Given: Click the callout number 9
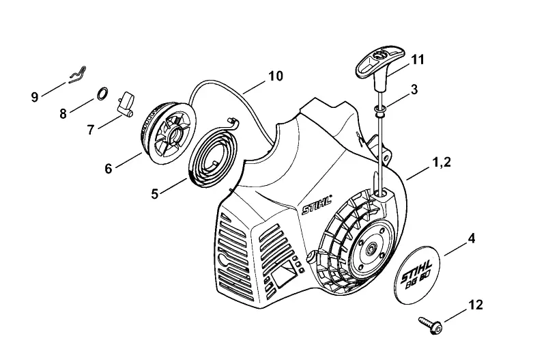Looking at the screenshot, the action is [x=35, y=96].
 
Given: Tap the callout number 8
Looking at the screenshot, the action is [x=63, y=113].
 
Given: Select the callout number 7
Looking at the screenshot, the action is [x=91, y=130].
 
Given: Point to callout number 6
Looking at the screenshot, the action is [x=109, y=169].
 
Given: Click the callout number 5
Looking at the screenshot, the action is [x=155, y=194].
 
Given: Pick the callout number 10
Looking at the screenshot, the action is [x=276, y=76].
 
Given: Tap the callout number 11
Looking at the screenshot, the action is [x=418, y=59].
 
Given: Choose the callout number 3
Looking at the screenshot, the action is [x=414, y=89].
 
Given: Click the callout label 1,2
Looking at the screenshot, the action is [x=441, y=163].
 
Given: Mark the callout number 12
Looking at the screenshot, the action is [x=476, y=305].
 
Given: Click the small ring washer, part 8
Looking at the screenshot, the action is [x=102, y=94].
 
